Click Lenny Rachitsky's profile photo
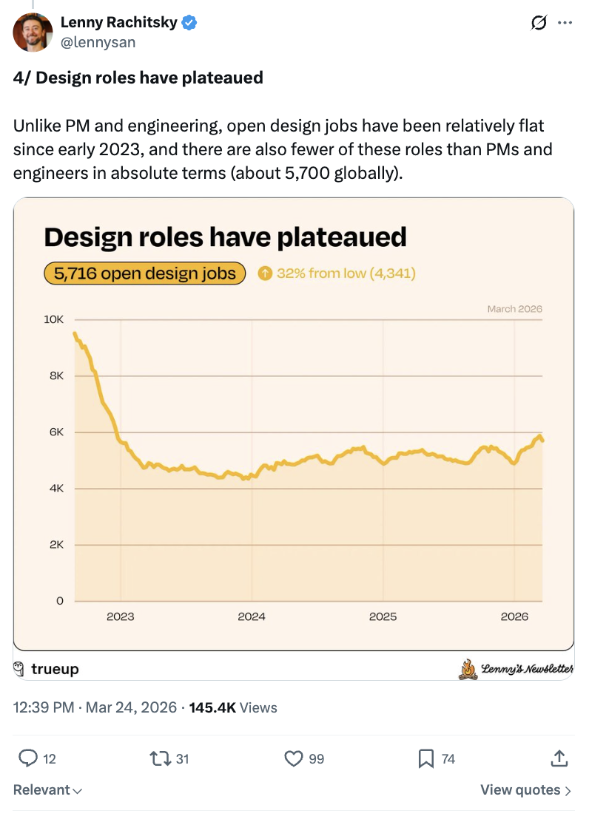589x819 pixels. [33, 33]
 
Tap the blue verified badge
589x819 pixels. [190, 23]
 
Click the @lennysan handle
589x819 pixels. [98, 42]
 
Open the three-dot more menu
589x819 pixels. [565, 24]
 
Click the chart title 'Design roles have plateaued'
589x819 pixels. [226, 237]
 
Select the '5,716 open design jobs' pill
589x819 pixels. [144, 273]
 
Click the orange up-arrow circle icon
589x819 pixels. [265, 273]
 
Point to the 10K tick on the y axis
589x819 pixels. [54, 320]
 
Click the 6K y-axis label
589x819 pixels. [57, 432]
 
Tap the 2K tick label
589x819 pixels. [57, 545]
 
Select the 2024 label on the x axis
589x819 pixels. [252, 616]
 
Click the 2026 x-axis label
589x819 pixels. [514, 616]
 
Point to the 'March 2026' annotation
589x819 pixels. [514, 309]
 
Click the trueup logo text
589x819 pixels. [55, 669]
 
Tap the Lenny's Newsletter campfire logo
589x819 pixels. [468, 669]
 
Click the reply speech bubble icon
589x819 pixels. [28, 758]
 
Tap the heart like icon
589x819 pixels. [294, 758]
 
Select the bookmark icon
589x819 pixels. [426, 758]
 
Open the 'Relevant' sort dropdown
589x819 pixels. [47, 790]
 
